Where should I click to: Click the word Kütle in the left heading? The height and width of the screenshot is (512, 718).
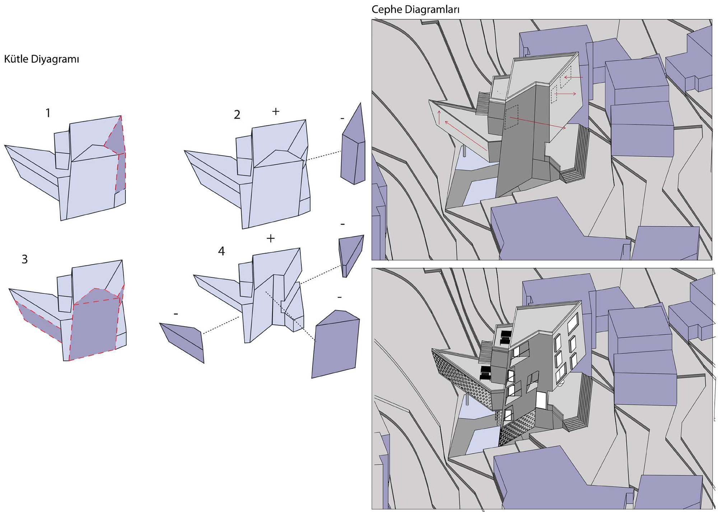tap(16, 59)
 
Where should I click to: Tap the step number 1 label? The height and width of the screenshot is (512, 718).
tap(48, 113)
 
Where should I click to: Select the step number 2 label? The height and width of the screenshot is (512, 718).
tap(237, 115)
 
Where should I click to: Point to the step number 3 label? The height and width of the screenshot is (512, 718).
tap(25, 259)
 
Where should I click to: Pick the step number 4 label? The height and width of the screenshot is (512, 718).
tap(222, 251)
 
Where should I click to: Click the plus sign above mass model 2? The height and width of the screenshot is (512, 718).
tap(276, 112)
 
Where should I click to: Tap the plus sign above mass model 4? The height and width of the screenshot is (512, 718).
tap(271, 238)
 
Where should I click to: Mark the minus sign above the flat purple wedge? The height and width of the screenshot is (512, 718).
tap(176, 314)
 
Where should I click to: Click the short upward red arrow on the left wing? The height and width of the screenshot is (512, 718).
tap(439, 118)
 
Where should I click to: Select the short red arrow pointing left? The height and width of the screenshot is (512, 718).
tap(573, 77)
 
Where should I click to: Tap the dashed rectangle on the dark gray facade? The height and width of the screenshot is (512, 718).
tap(512, 117)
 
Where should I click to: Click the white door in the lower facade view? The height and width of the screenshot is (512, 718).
tap(541, 400)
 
